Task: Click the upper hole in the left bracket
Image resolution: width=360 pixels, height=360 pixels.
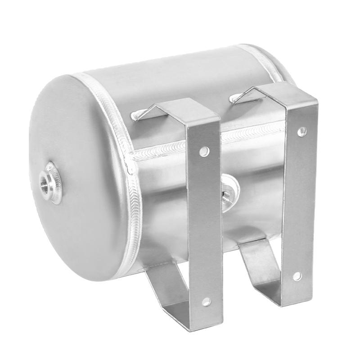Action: point(204,151)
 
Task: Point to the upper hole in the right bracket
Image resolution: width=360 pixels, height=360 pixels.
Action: point(302,131)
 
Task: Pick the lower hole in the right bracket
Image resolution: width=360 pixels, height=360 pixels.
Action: point(297,275)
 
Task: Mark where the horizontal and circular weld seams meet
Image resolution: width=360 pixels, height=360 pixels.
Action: point(131,157)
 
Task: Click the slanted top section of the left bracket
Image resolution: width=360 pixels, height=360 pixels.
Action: point(180,110)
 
